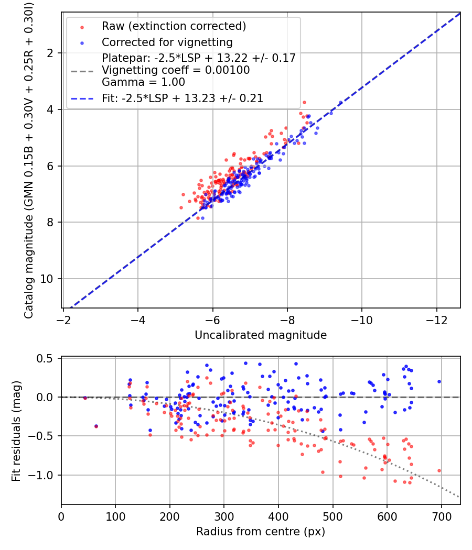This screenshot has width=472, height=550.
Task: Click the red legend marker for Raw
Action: [x=82, y=27]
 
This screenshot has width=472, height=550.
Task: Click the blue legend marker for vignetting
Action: [x=82, y=43]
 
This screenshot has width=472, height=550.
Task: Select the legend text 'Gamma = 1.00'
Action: [x=143, y=82]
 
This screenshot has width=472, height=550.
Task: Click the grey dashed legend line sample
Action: [x=82, y=71]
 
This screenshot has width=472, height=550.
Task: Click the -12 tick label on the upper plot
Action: [x=436, y=320]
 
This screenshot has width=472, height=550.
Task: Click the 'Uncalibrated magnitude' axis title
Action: [x=261, y=335]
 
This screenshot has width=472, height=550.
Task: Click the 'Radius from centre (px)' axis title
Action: [x=261, y=532]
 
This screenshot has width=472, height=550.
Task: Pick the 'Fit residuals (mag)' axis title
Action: [x=16, y=431]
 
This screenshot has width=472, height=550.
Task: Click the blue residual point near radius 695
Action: [x=439, y=382]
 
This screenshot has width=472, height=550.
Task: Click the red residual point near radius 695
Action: [x=439, y=471]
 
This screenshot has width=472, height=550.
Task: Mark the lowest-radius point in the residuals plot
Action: [x=85, y=398]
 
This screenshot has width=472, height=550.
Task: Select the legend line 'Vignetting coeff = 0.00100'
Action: [x=176, y=70]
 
